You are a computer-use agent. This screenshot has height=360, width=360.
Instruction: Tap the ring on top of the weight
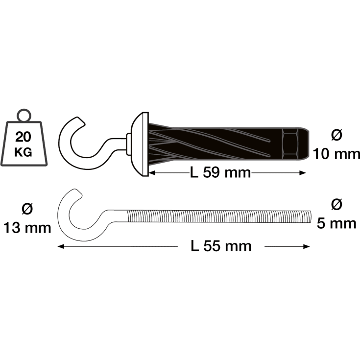pos(23,116)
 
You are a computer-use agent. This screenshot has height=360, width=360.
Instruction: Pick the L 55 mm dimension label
pos(221,246)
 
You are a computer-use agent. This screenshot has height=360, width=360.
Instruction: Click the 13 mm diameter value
pos(27,228)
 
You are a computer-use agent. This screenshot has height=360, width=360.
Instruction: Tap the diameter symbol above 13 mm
pos(27,208)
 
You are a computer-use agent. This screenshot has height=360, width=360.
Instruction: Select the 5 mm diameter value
pos(336,223)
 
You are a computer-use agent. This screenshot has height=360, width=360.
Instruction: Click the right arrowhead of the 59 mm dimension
pos(304,172)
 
